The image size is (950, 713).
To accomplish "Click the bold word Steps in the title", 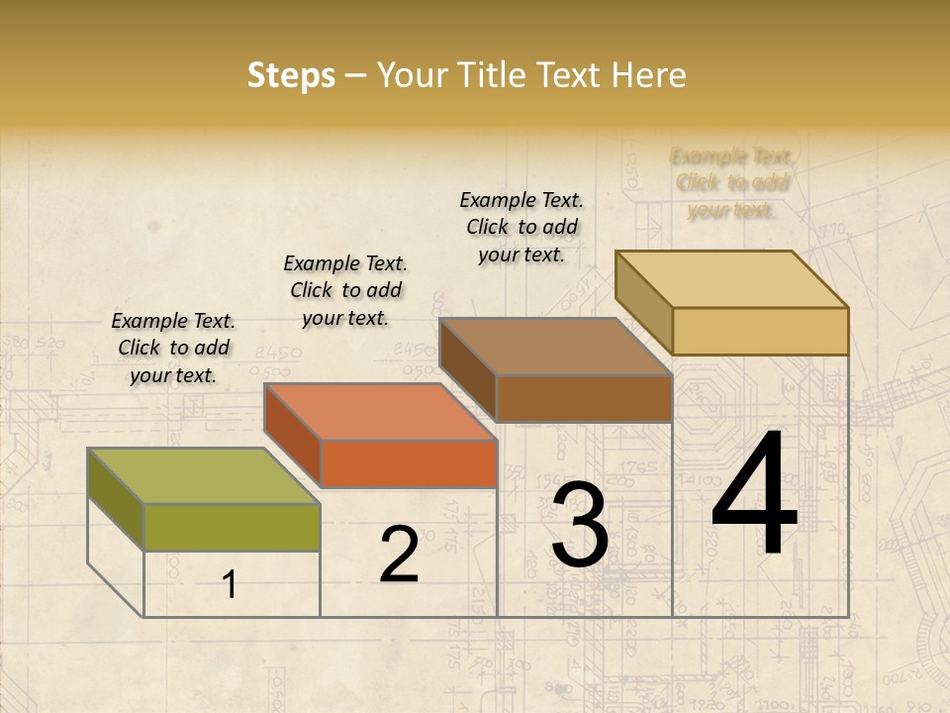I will click(291, 75).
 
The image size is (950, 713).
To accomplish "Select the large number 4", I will click(754, 497).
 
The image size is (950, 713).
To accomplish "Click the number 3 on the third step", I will click(579, 525).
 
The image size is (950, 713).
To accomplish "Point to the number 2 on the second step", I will click(399, 555).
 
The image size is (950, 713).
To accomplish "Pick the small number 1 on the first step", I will click(230, 585).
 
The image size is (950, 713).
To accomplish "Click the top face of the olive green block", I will click(203, 476).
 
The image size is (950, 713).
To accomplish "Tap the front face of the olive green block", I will click(232, 527).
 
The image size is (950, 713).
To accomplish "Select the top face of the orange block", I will click(380, 412).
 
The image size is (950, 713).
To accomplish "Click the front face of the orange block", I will click(408, 464).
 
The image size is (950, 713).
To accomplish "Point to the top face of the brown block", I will click(555, 347).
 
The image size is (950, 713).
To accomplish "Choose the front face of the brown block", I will click(584, 399).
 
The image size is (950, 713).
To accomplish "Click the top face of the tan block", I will click(732, 279).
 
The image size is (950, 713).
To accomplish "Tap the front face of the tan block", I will click(760, 331).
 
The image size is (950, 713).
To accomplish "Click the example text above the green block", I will click(173, 348).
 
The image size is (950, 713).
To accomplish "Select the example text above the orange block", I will click(345, 290).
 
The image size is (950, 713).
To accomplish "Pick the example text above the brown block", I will click(522, 227).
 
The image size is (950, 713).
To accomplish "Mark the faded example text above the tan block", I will click(732, 183).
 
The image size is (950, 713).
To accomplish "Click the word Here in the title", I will click(649, 75).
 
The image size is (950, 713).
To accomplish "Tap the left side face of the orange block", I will click(293, 436).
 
